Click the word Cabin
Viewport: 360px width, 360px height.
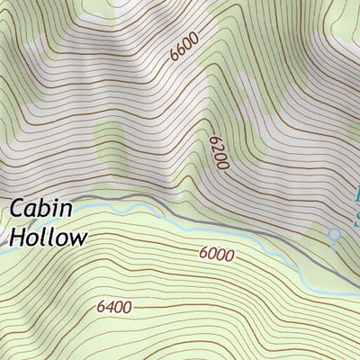click(x=41, y=209)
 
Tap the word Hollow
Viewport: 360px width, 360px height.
click(x=49, y=238)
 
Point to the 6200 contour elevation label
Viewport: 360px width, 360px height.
click(x=217, y=153)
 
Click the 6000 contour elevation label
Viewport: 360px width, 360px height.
click(x=216, y=255)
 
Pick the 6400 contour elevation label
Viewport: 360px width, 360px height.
click(x=114, y=308)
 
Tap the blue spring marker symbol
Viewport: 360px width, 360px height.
click(x=335, y=236)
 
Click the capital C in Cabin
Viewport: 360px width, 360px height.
click(x=18, y=209)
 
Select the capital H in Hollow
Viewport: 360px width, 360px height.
click(x=17, y=238)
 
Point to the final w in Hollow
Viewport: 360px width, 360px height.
click(x=79, y=238)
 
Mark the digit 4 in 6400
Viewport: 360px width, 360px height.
click(x=109, y=308)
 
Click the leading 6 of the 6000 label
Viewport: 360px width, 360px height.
click(x=203, y=255)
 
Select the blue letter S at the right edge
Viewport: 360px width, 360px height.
click(x=356, y=218)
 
